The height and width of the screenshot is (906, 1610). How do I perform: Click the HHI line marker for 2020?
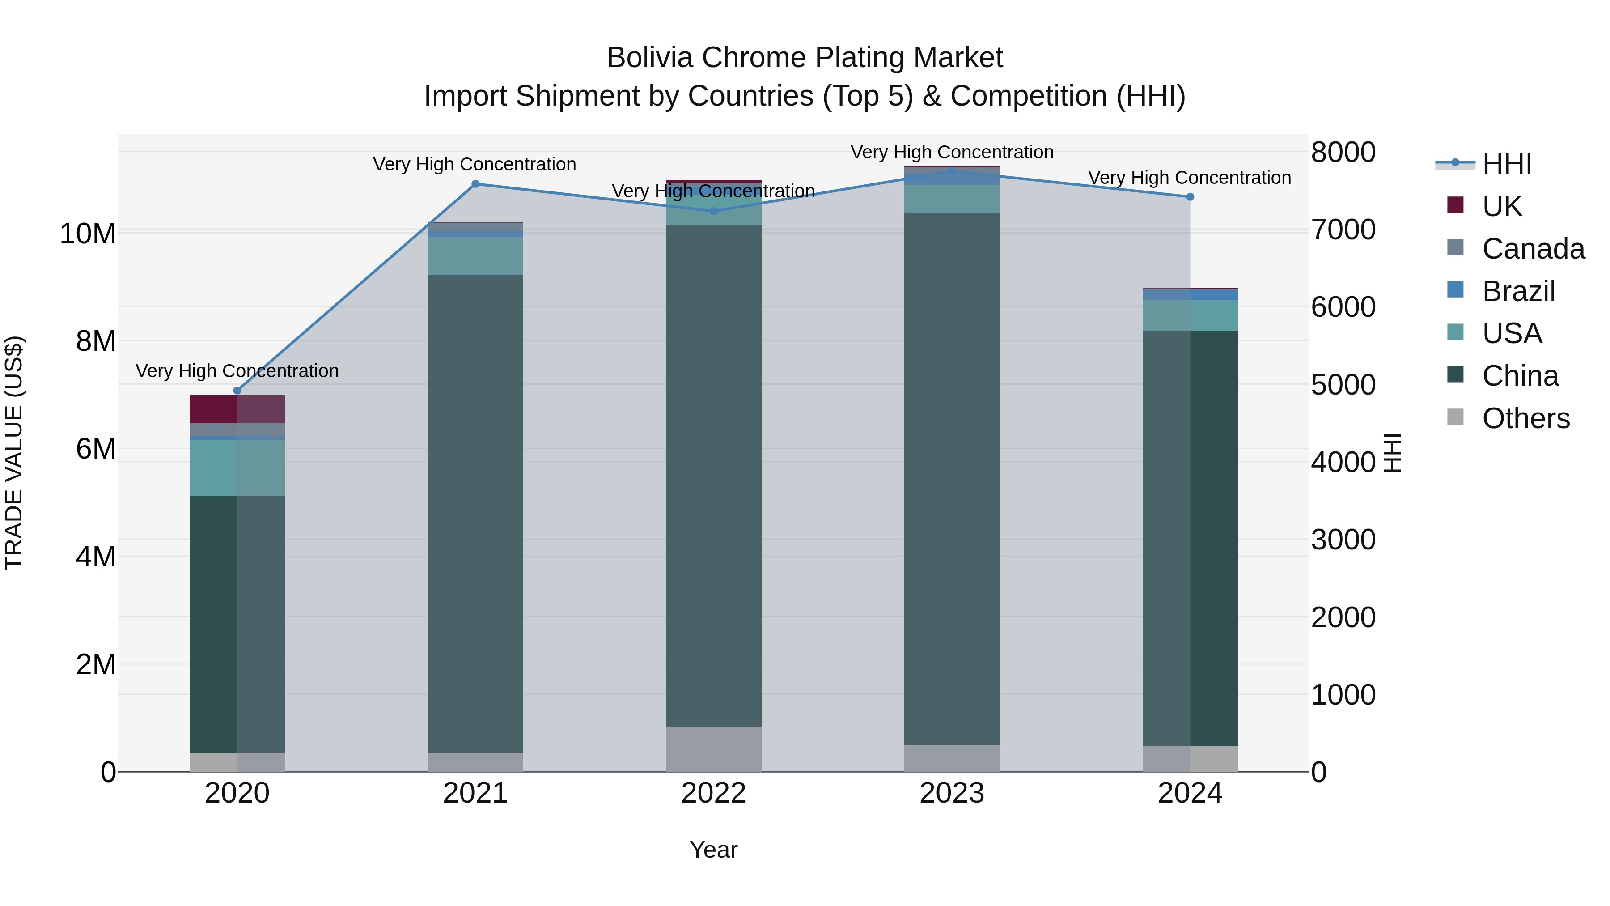click(237, 391)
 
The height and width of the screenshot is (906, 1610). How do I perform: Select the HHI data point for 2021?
click(475, 184)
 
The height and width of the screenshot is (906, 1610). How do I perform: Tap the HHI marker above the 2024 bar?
click(1190, 197)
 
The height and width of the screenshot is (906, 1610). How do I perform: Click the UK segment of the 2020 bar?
click(237, 409)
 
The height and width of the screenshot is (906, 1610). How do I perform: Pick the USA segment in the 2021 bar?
click(475, 256)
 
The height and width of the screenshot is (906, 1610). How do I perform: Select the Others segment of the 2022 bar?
click(714, 749)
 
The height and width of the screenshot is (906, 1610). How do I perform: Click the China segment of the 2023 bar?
click(952, 478)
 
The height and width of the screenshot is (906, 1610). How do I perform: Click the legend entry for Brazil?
click(1518, 291)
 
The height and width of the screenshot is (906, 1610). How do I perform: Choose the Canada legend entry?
click(1533, 249)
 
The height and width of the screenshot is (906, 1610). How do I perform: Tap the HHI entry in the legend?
click(1506, 164)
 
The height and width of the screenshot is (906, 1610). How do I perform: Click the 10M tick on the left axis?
click(88, 234)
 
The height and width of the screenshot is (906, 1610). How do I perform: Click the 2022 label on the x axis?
click(714, 793)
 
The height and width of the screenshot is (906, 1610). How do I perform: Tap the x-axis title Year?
click(714, 850)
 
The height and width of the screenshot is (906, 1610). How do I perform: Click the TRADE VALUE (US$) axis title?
click(14, 453)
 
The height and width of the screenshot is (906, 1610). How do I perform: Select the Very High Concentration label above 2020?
click(237, 371)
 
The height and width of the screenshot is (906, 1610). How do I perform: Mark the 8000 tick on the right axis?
click(1343, 152)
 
